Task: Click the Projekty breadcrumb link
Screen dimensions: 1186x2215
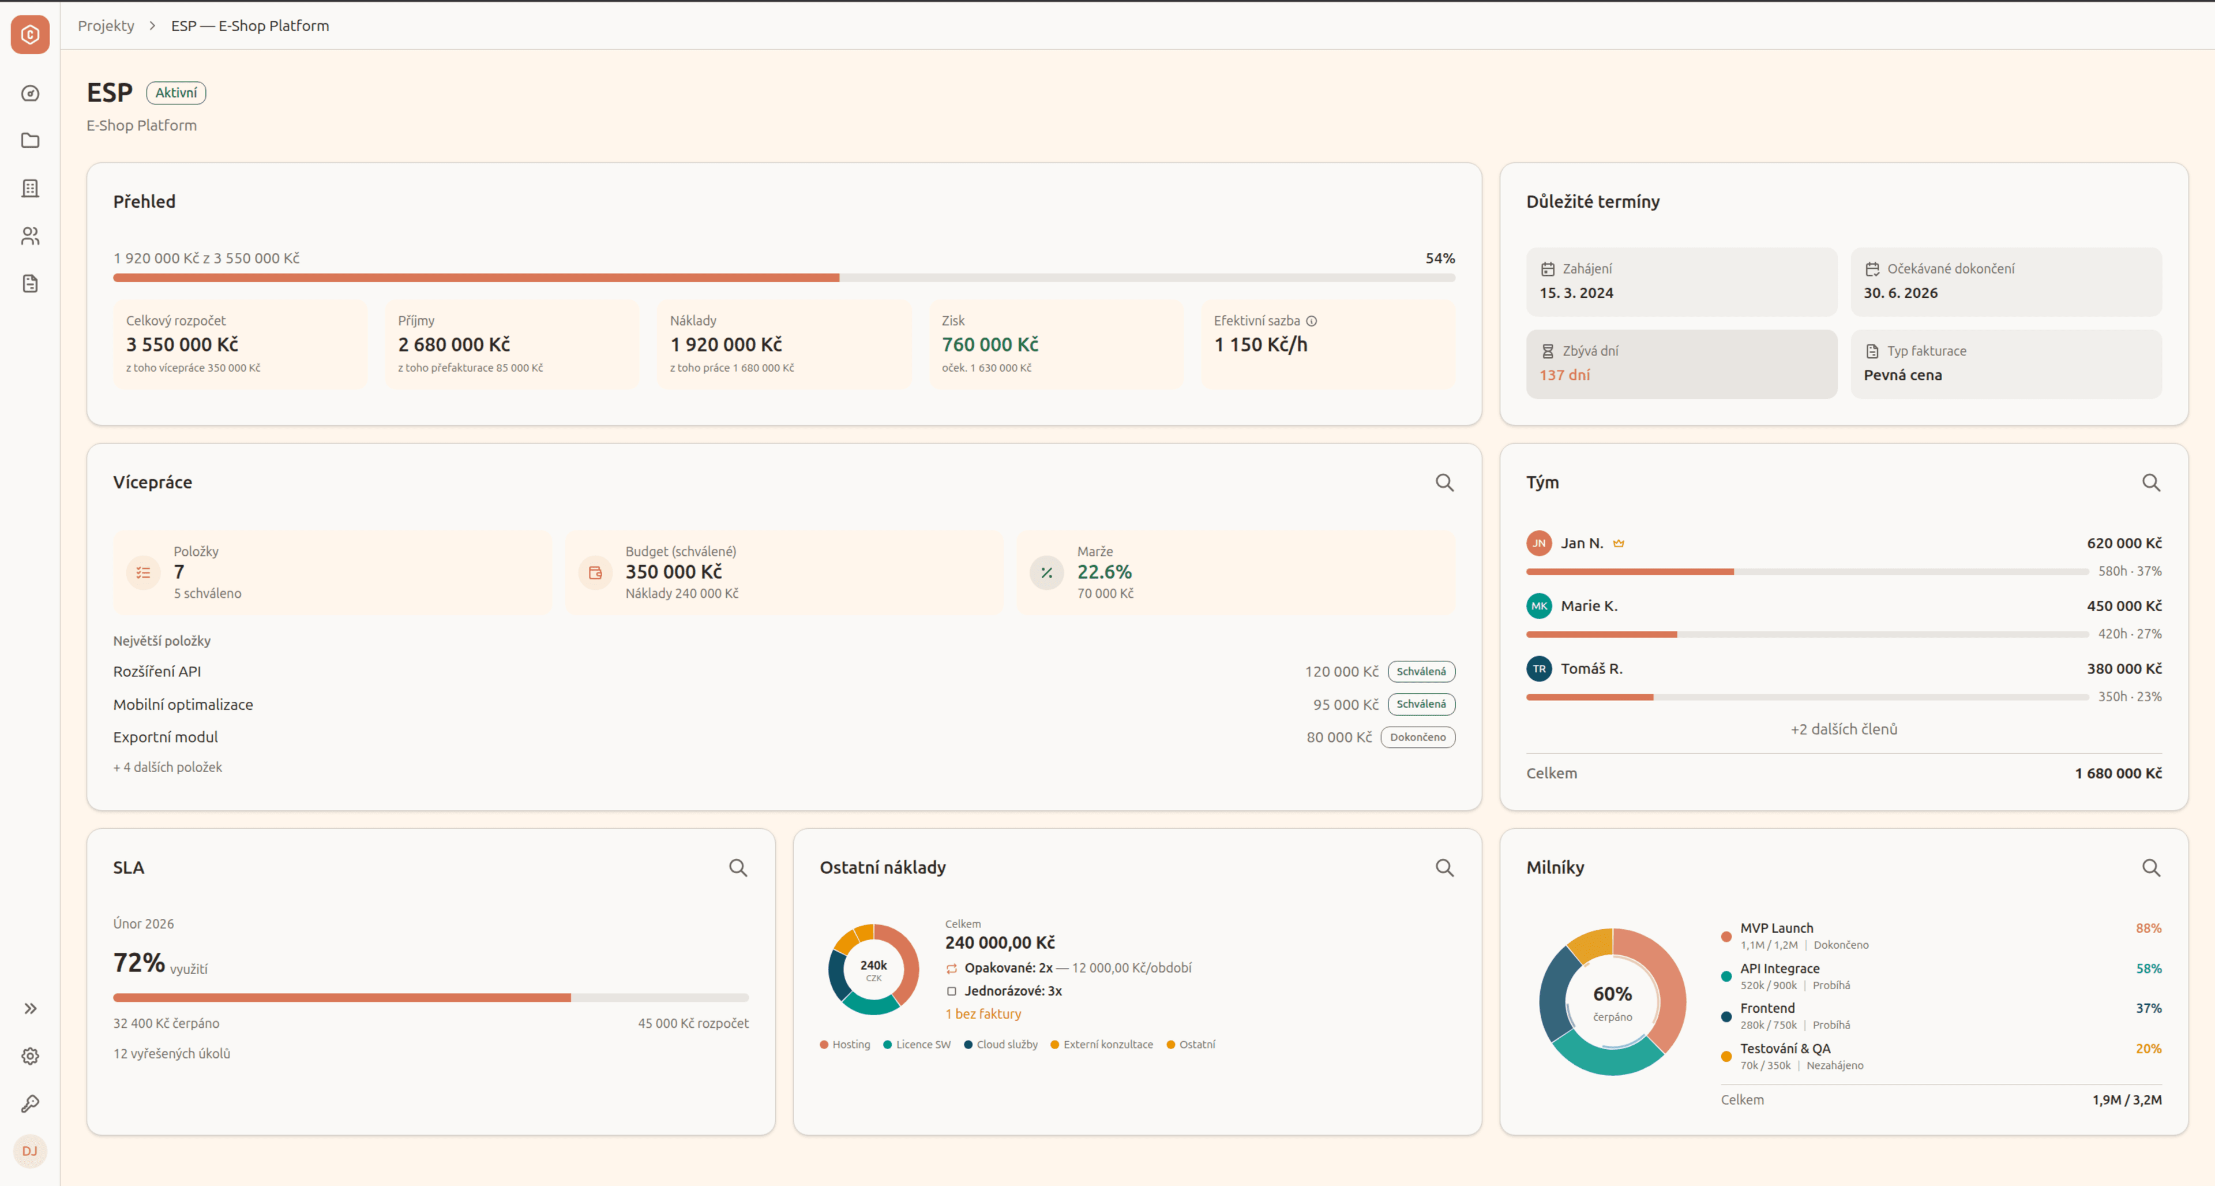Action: [106, 26]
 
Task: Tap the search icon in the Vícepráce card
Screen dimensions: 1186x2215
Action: [1444, 482]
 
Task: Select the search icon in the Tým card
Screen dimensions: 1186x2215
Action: [2150, 482]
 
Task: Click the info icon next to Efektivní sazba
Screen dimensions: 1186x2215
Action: [1311, 321]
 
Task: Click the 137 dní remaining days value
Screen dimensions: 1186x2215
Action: [1564, 375]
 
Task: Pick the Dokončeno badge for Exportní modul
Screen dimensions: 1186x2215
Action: [1417, 737]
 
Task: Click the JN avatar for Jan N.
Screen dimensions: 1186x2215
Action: [1538, 544]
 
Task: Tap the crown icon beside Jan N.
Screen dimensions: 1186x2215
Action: [1618, 544]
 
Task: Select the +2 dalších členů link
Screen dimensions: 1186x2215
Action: [1844, 729]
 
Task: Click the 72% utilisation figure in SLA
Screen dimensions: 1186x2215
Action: [139, 963]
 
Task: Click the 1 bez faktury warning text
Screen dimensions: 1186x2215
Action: [983, 1014]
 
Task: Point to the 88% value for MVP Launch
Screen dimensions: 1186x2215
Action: [2148, 928]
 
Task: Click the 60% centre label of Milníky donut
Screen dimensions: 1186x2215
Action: [1612, 994]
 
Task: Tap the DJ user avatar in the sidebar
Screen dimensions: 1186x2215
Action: [30, 1151]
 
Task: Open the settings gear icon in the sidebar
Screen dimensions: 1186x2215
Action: [30, 1056]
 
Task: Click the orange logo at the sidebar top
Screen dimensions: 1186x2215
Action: [30, 35]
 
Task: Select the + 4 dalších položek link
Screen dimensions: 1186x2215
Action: [168, 767]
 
